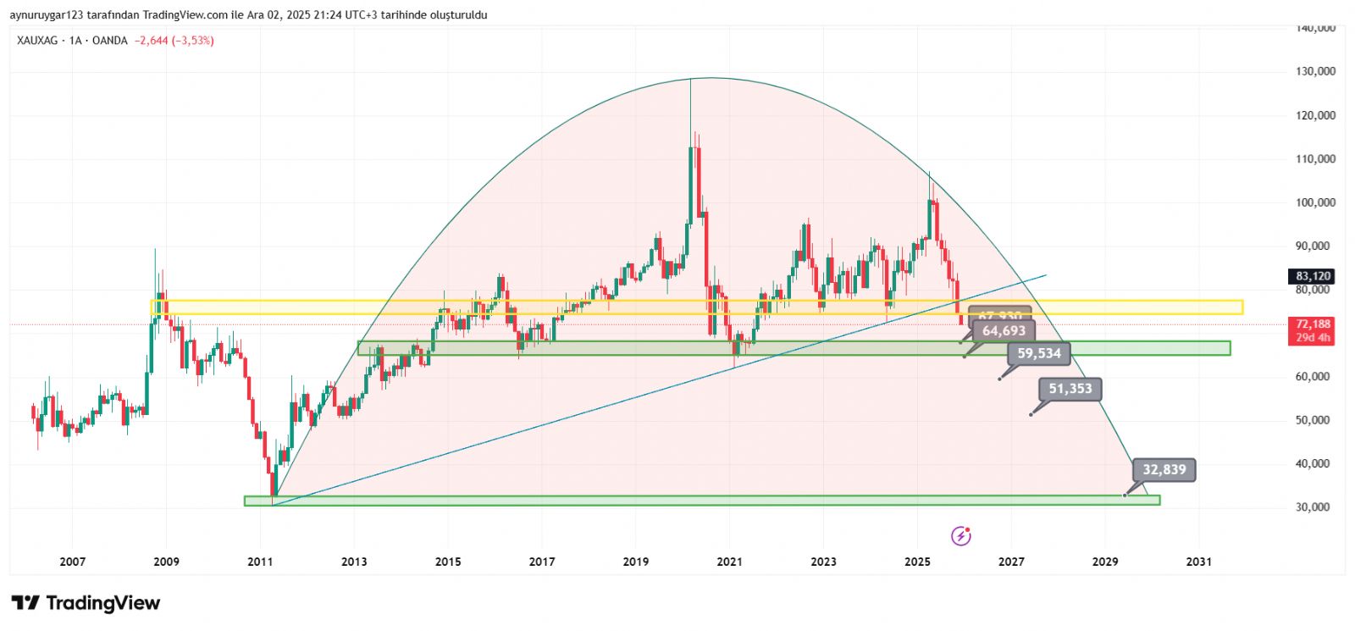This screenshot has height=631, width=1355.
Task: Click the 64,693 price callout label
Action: pos(1004,331)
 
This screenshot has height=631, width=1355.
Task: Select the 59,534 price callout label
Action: pos(1039,353)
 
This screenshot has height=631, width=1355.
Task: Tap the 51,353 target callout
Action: pos(1070,389)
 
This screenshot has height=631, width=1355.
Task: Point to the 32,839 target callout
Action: pos(1164,470)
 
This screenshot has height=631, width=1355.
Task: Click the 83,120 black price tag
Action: pos(1313,276)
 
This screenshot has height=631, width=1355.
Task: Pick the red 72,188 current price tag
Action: pos(1313,324)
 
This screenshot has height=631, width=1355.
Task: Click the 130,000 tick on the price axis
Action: pos(1315,71)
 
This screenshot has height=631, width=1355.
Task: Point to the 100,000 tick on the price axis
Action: pos(1315,202)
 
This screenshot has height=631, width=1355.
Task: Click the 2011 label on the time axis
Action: pos(260,562)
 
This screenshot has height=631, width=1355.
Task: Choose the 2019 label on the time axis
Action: pos(636,562)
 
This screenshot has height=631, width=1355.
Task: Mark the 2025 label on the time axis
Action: pos(917,562)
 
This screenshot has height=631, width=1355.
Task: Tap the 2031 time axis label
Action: pos(1198,562)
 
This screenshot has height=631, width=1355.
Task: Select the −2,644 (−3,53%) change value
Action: pos(174,41)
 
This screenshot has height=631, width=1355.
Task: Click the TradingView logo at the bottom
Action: pos(86,603)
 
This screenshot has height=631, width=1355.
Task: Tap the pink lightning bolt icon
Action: pos(960,535)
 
